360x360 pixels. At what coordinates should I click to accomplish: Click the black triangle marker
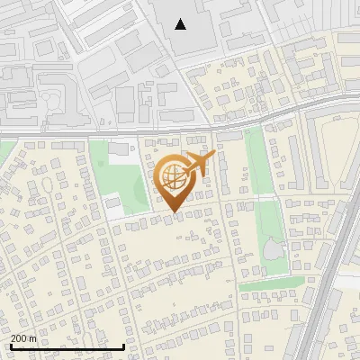tap(181, 24)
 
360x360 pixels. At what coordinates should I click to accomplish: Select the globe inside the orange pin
tap(172, 177)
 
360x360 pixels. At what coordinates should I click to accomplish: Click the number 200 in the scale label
tap(19, 338)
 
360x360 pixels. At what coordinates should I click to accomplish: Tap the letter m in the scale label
tap(33, 338)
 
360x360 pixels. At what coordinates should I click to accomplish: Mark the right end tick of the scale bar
tap(123, 346)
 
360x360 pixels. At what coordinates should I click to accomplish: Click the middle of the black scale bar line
tap(67, 347)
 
